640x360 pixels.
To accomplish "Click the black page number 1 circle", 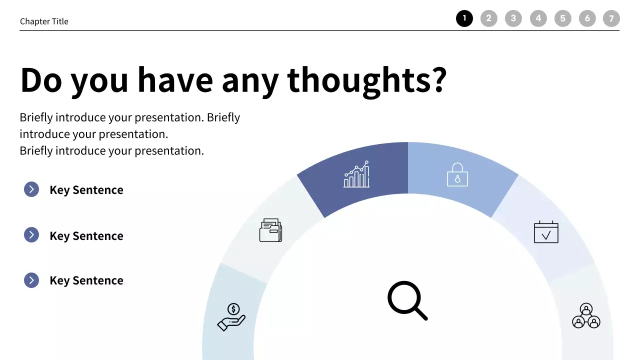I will pyautogui.click(x=464, y=19).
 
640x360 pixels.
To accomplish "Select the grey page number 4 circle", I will pyautogui.click(x=538, y=19).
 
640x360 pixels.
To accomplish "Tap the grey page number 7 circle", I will pyautogui.click(x=611, y=19).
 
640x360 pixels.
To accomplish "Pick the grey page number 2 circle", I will pyautogui.click(x=489, y=19).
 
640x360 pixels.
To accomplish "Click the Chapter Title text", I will pyautogui.click(x=44, y=21).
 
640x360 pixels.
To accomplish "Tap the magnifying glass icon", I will pyautogui.click(x=407, y=300).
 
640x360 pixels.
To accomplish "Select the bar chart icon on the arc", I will pyautogui.click(x=356, y=174).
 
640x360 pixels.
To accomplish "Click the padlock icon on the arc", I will pyautogui.click(x=457, y=174).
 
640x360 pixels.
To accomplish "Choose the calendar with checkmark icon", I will pyautogui.click(x=546, y=232).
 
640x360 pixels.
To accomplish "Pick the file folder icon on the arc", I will pyautogui.click(x=270, y=230).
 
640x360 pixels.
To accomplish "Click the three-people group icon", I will pyautogui.click(x=586, y=316).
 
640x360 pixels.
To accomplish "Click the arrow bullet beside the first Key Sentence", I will pyautogui.click(x=31, y=189).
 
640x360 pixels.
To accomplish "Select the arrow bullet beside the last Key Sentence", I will pyautogui.click(x=31, y=280).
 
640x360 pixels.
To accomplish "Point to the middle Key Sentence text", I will pyautogui.click(x=86, y=236).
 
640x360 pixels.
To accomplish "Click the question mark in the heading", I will pyautogui.click(x=438, y=80).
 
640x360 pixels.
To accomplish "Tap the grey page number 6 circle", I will pyautogui.click(x=587, y=19).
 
